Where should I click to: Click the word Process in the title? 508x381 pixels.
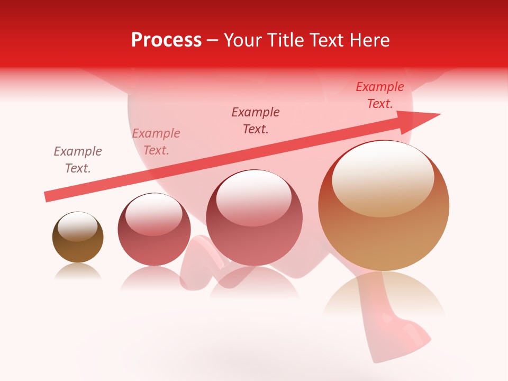click(x=166, y=40)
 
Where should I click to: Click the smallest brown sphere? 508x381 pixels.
click(x=78, y=238)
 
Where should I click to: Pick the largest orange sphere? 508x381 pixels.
click(x=384, y=205)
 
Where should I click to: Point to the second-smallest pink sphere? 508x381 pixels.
click(x=154, y=229)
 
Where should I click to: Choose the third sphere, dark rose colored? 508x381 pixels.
click(x=254, y=217)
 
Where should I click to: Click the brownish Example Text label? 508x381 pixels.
click(x=78, y=160)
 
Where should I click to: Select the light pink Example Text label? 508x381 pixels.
click(x=156, y=142)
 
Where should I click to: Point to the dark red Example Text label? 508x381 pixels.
click(x=256, y=120)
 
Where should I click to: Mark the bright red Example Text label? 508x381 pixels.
click(x=380, y=95)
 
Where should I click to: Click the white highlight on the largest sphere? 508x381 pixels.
click(x=383, y=177)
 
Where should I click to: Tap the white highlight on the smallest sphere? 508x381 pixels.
click(x=77, y=226)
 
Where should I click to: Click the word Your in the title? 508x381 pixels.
click(x=242, y=40)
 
